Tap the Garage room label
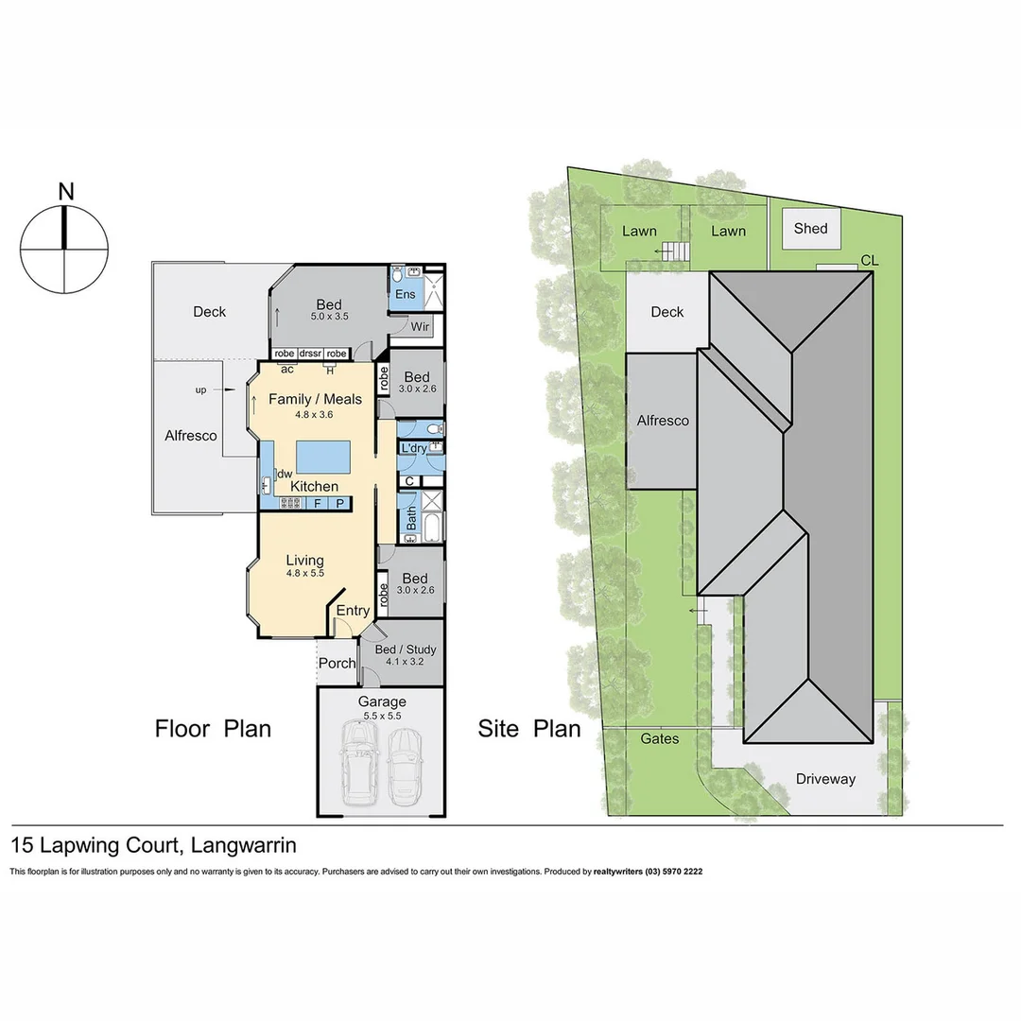pyautogui.click(x=382, y=701)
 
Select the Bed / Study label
pyautogui.click(x=406, y=650)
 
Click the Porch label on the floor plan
pyautogui.click(x=337, y=663)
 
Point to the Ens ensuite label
pyautogui.click(x=405, y=295)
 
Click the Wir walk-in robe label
pyautogui.click(x=421, y=327)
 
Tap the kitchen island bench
pyautogui.click(x=323, y=459)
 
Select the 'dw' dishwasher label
pyautogui.click(x=284, y=474)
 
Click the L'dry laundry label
pyautogui.click(x=414, y=448)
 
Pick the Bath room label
pyautogui.click(x=411, y=518)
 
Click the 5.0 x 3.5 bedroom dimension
pyautogui.click(x=329, y=317)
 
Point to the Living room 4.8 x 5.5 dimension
pyautogui.click(x=304, y=573)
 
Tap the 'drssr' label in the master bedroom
pyautogui.click(x=310, y=354)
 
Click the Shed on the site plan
pyautogui.click(x=810, y=228)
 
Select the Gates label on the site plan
pyautogui.click(x=660, y=738)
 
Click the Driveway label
pyautogui.click(x=824, y=779)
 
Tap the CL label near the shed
pyautogui.click(x=870, y=260)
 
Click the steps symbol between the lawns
pyautogui.click(x=673, y=252)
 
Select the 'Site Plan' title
pyautogui.click(x=529, y=729)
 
